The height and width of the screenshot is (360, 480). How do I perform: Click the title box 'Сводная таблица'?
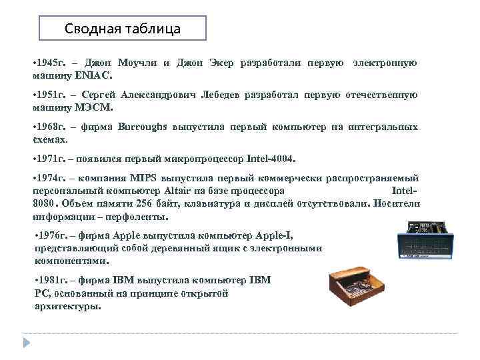[x=123, y=29]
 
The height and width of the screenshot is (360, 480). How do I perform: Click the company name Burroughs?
[x=143, y=127]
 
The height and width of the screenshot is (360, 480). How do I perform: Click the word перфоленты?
[x=137, y=217]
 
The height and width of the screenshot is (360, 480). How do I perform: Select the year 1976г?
[x=54, y=235]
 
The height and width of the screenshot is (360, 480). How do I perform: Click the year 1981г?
[x=54, y=280]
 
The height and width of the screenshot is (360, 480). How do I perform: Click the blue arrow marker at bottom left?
[x=27, y=343]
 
